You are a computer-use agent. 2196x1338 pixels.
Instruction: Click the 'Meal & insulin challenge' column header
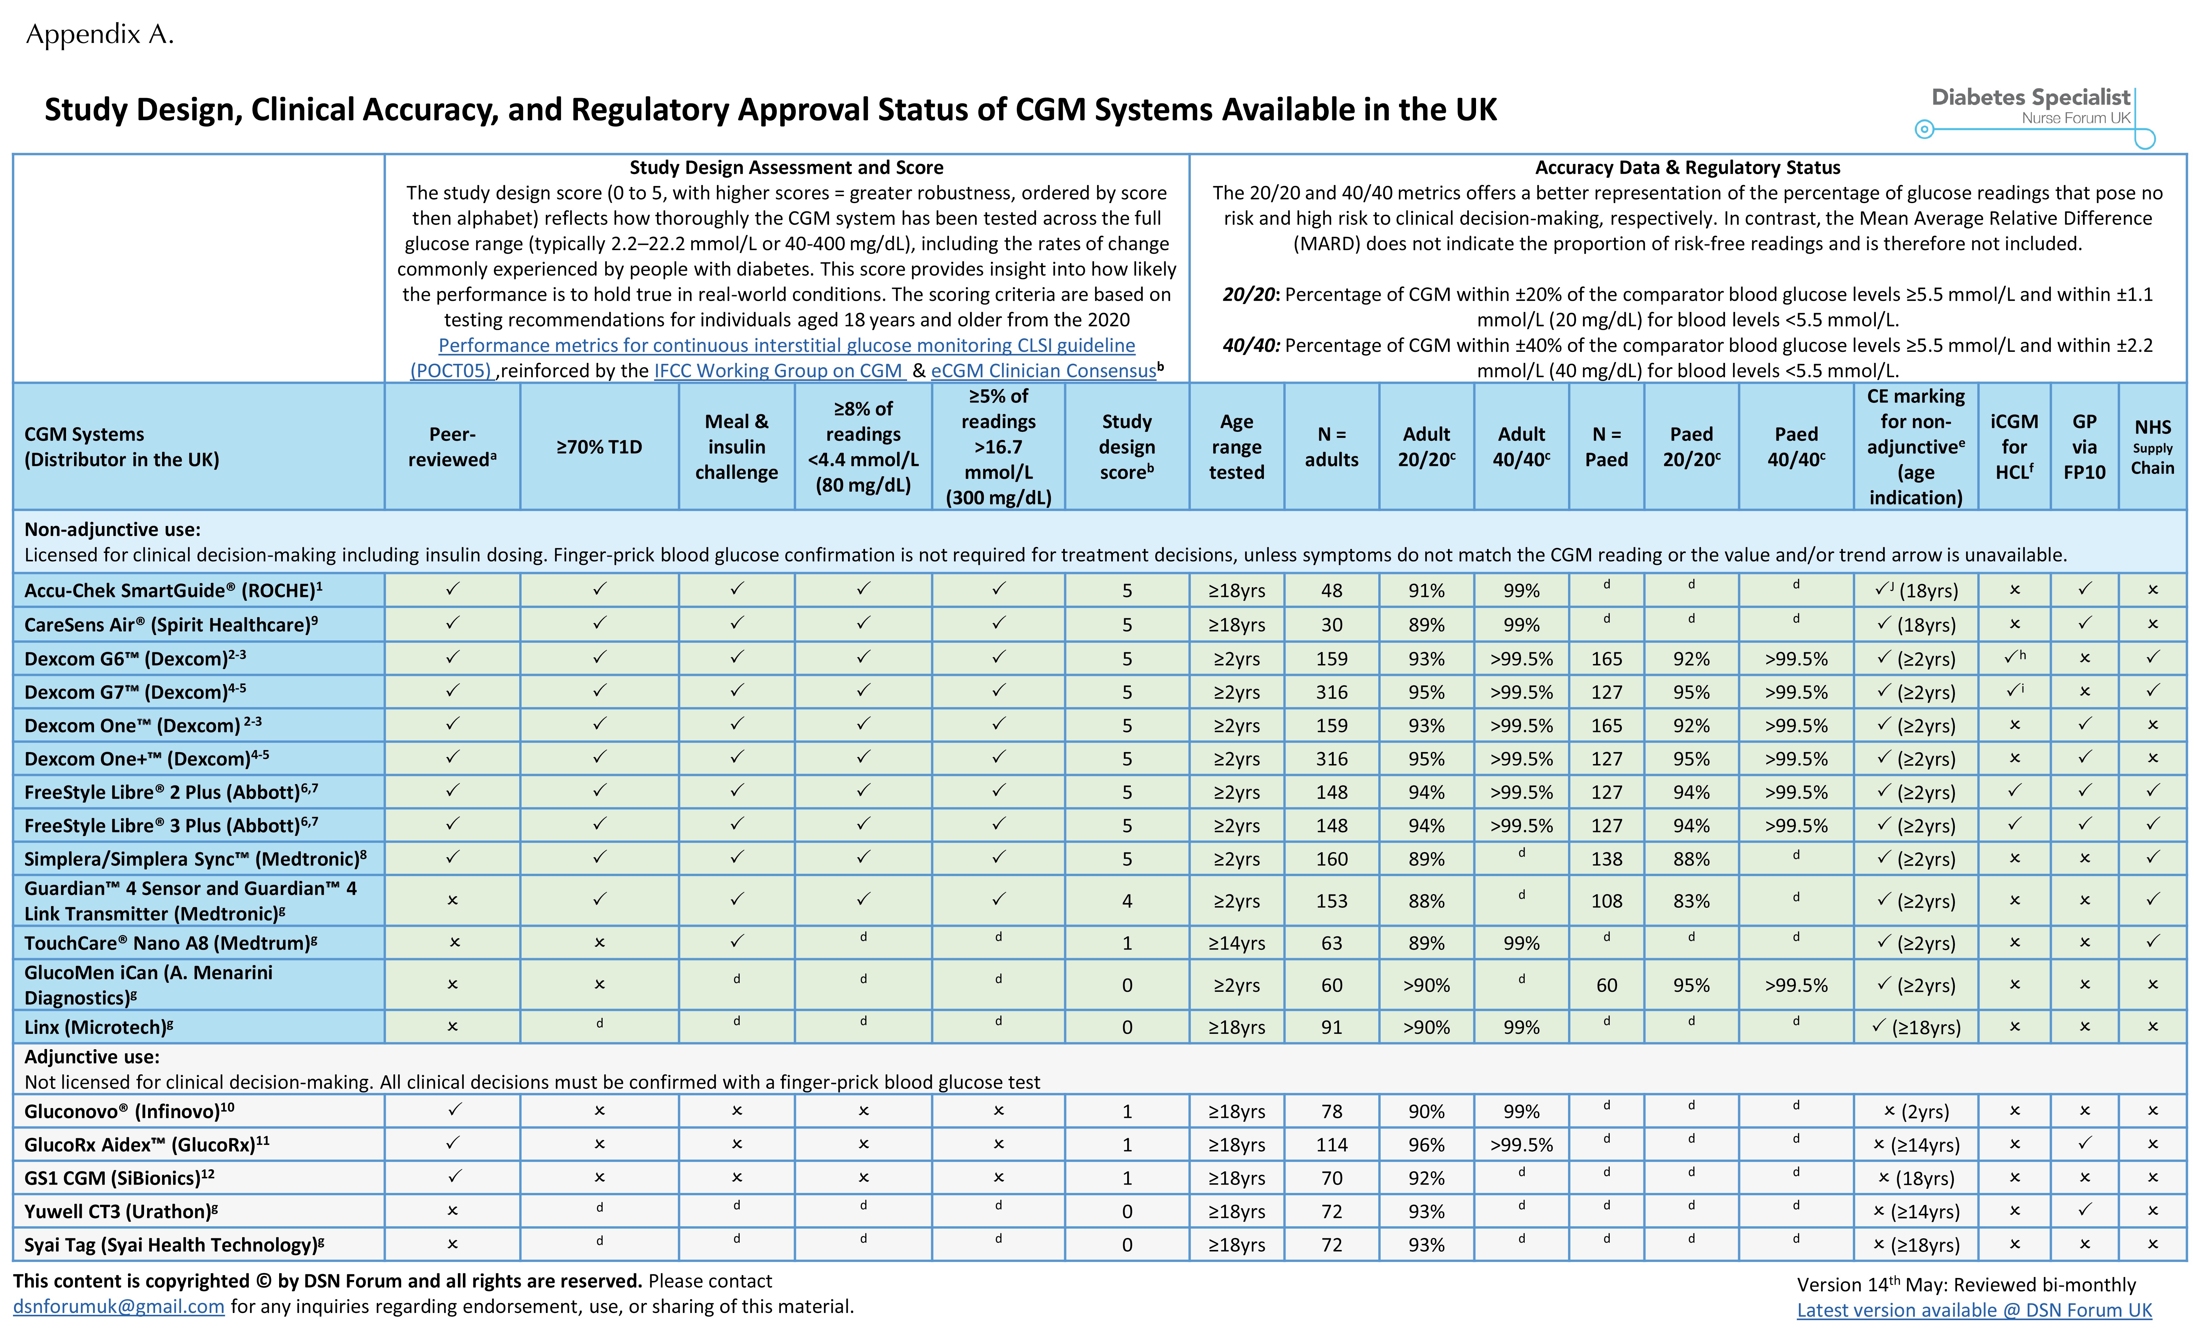(736, 447)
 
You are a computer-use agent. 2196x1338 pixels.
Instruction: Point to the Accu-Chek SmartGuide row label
(173, 590)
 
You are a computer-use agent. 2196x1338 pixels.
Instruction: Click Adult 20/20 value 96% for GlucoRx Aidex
(1426, 1145)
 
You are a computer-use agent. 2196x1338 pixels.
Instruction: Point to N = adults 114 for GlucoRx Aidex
(1332, 1145)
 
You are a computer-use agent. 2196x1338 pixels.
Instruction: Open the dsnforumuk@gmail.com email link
(118, 1307)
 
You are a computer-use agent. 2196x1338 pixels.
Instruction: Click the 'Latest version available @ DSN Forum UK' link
(1974, 1310)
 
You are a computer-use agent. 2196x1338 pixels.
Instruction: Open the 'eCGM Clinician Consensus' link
(1043, 371)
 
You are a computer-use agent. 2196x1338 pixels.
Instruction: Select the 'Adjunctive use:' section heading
(92, 1057)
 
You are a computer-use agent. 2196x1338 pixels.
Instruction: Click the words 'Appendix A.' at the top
(100, 35)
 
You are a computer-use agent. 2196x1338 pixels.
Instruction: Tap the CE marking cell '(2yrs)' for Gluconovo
(1916, 1112)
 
